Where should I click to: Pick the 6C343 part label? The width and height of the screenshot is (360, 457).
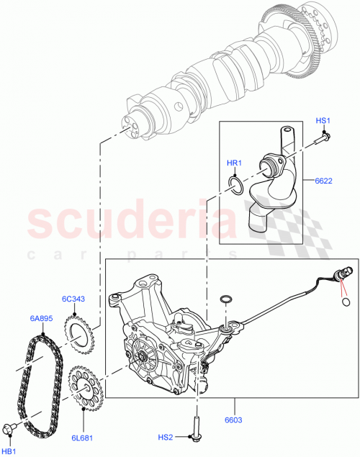click(73, 299)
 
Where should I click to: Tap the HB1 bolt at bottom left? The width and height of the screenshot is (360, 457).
click(10, 430)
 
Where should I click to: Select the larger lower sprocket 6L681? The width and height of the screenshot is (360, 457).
click(86, 388)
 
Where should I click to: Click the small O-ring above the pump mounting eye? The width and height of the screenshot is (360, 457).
click(225, 300)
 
